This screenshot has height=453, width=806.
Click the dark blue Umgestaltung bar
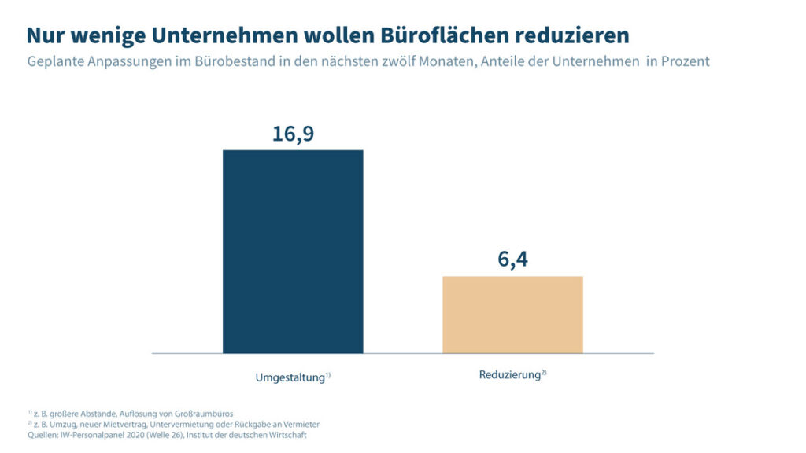point(293,252)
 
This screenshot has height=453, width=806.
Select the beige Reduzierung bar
point(512,315)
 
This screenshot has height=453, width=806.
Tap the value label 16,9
point(293,133)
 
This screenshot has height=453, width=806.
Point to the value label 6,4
point(512,260)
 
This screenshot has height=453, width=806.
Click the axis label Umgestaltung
point(290,377)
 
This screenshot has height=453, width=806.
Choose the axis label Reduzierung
point(509,375)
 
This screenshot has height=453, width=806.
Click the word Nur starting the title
point(45,35)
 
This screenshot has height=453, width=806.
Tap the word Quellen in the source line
point(42,435)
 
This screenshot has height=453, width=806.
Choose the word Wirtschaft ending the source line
point(287,435)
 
